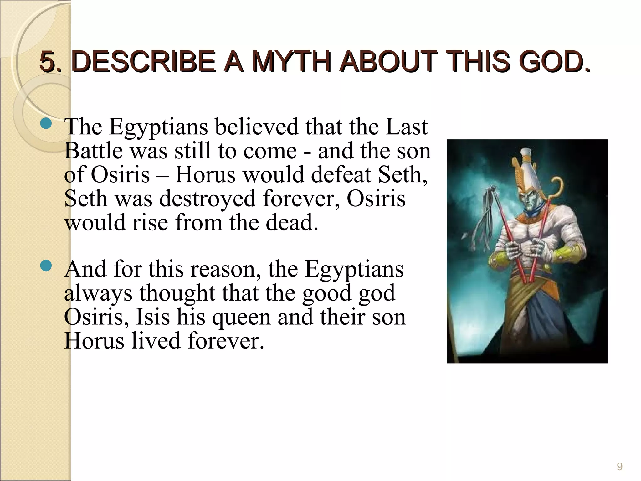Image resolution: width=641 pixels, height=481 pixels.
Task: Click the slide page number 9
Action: click(x=619, y=467)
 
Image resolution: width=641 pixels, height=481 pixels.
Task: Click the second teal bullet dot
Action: click(x=46, y=266)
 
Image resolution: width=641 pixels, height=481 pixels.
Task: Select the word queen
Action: click(x=241, y=318)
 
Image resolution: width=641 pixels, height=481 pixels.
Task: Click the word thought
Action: click(x=177, y=294)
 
